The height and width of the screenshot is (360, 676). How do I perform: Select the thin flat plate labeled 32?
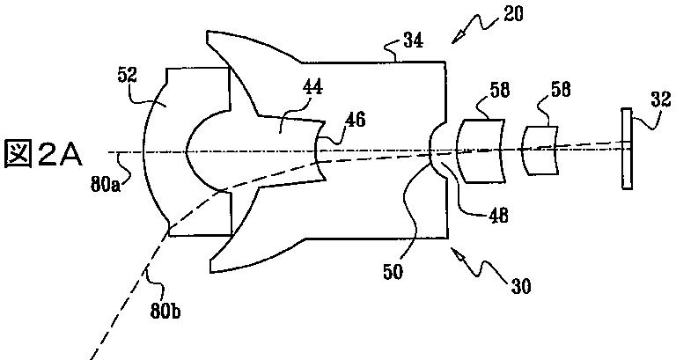[626, 149]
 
